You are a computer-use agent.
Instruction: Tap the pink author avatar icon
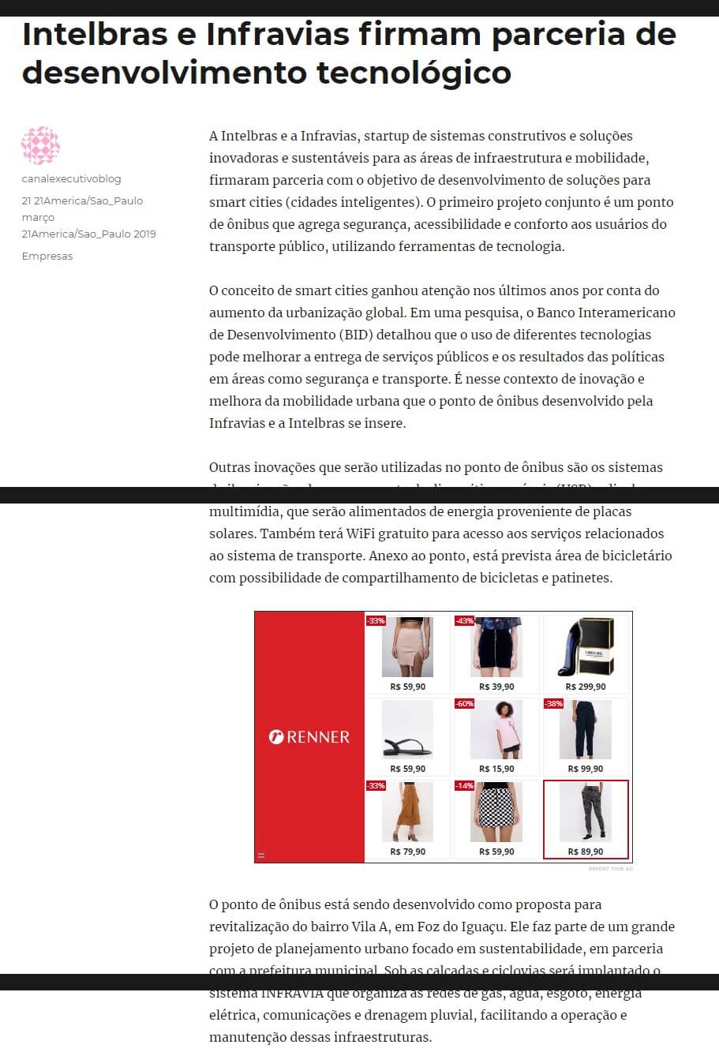point(41,145)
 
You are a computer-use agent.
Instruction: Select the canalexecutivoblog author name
point(71,179)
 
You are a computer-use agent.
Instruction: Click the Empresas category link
point(47,256)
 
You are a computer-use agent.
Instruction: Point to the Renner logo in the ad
point(309,737)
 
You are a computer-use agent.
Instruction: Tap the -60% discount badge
point(464,703)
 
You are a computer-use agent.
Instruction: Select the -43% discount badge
point(464,621)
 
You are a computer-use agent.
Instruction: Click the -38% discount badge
point(553,703)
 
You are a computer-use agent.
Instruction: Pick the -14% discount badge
point(464,786)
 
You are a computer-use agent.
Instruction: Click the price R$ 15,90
point(496,769)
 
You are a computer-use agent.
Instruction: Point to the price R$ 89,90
point(586,852)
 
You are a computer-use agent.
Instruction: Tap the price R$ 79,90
point(407,852)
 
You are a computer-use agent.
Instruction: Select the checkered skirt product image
point(496,813)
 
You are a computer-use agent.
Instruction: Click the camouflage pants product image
point(586,813)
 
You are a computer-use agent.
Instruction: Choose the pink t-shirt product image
point(496,730)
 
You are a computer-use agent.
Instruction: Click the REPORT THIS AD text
point(610,869)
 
